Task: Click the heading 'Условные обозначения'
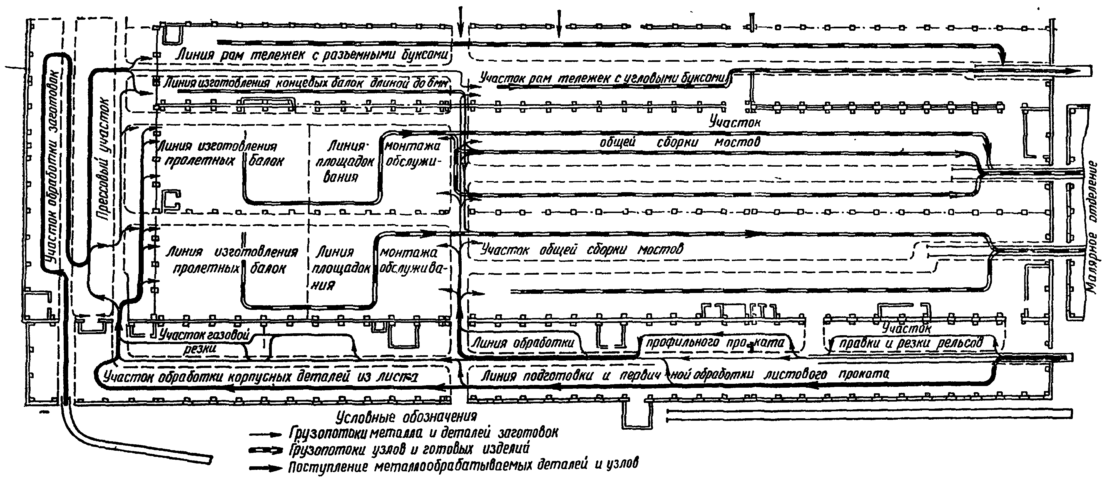click(407, 417)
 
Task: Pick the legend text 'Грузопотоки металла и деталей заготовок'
click(423, 432)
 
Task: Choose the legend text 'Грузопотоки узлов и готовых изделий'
click(409, 449)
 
